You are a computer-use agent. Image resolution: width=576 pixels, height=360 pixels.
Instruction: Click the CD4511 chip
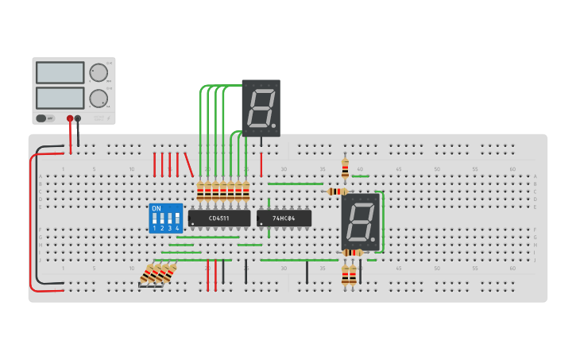219,218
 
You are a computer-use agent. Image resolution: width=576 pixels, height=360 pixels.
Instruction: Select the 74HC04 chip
284,218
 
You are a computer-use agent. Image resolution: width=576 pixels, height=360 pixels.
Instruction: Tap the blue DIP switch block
165,218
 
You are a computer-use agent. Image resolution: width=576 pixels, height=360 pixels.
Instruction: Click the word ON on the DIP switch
156,208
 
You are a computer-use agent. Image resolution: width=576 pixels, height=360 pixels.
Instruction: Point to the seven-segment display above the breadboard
261,107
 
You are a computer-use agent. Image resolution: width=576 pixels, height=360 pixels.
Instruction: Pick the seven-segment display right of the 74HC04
360,222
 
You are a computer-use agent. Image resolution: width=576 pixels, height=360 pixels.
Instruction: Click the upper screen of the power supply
60,72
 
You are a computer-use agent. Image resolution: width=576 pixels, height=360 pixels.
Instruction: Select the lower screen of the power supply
60,98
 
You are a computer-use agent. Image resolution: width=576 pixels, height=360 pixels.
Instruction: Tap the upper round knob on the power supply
99,72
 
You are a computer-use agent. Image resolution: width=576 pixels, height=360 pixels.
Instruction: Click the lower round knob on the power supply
99,99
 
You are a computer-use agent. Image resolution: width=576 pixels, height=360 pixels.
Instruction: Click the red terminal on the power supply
70,118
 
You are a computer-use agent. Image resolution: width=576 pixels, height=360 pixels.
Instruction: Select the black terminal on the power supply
78,118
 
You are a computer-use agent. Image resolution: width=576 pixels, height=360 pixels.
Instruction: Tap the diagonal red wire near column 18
189,165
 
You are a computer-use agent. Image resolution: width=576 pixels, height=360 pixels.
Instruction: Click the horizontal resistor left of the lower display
337,192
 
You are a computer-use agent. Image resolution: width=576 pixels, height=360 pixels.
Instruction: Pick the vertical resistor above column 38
345,168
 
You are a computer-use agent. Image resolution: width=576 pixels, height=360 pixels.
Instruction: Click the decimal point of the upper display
273,126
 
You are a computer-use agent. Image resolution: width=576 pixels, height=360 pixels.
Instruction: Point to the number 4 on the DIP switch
176,228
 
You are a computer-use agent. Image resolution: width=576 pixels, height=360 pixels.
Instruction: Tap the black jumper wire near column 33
307,272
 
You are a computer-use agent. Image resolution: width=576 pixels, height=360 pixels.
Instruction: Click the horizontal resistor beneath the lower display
353,253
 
